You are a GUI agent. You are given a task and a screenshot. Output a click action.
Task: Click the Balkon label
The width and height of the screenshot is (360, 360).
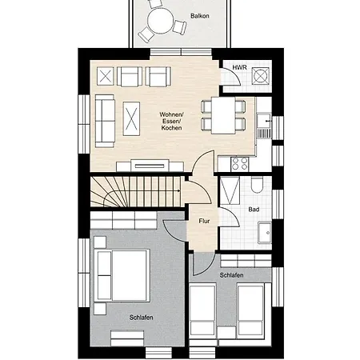199,16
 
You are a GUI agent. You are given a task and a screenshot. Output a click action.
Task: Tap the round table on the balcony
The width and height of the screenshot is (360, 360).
161,21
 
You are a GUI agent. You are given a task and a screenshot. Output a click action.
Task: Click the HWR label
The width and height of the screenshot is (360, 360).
239,67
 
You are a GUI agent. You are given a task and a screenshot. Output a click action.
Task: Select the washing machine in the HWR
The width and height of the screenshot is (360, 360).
261,76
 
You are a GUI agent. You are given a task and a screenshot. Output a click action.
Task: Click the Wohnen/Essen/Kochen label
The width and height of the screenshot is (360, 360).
171,121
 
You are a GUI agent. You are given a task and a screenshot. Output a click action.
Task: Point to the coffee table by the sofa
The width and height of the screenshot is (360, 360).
131,118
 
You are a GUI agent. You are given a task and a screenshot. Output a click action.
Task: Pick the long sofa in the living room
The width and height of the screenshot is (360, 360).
105,121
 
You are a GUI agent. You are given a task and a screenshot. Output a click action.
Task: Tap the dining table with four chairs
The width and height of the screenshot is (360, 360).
223,115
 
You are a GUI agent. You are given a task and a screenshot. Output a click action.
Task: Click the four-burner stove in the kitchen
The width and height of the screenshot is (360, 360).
240,164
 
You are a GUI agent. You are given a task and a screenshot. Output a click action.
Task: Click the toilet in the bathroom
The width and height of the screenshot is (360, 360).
257,184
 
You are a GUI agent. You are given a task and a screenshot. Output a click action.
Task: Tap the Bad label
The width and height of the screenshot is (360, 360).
254,210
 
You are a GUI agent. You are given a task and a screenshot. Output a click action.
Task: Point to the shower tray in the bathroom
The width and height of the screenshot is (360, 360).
230,190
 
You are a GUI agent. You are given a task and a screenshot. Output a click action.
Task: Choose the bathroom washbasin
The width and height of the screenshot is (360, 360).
265,232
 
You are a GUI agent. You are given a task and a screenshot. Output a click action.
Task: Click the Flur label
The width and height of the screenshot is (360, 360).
204,221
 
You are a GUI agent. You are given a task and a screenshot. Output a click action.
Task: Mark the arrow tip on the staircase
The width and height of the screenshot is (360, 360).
180,190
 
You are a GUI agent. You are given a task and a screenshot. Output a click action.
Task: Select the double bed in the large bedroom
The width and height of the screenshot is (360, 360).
122,275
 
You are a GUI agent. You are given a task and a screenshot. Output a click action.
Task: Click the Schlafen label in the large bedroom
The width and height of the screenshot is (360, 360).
141,318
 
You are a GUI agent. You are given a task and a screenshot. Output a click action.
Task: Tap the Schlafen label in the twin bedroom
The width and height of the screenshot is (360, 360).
231,275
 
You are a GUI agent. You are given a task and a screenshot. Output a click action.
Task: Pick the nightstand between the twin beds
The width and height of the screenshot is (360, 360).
226,332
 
